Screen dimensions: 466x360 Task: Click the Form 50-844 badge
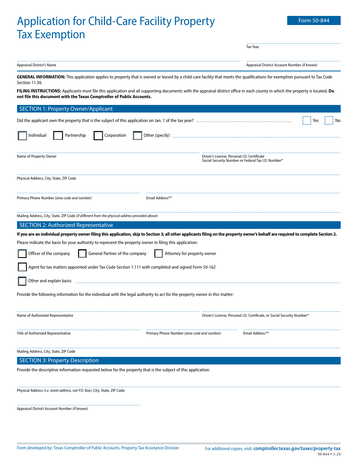click(314, 20)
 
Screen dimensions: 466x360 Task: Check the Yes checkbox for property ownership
click(307, 120)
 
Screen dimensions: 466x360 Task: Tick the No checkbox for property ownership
click(329, 120)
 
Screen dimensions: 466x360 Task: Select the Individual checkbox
click(22, 136)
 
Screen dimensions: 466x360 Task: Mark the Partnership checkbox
click(58, 136)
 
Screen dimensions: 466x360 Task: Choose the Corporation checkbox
click(98, 136)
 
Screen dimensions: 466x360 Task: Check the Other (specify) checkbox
click(138, 136)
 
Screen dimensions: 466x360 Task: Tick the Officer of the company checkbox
click(22, 254)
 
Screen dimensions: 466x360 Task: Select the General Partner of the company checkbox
click(82, 254)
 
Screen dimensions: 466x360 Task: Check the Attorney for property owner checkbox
click(158, 254)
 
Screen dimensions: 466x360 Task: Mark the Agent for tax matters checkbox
click(22, 267)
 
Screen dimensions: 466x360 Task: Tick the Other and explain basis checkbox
click(22, 281)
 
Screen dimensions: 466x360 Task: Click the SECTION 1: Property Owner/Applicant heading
click(66, 109)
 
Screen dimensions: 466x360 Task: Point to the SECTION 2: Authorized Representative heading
click(66, 225)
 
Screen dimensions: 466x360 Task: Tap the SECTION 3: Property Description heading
click(59, 360)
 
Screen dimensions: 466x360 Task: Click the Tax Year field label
click(253, 47)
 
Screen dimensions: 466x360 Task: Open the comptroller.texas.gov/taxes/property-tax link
click(297, 449)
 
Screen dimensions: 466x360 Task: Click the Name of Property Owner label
click(37, 156)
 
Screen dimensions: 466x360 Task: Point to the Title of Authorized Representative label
click(44, 333)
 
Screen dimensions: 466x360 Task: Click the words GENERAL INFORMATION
click(41, 77)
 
